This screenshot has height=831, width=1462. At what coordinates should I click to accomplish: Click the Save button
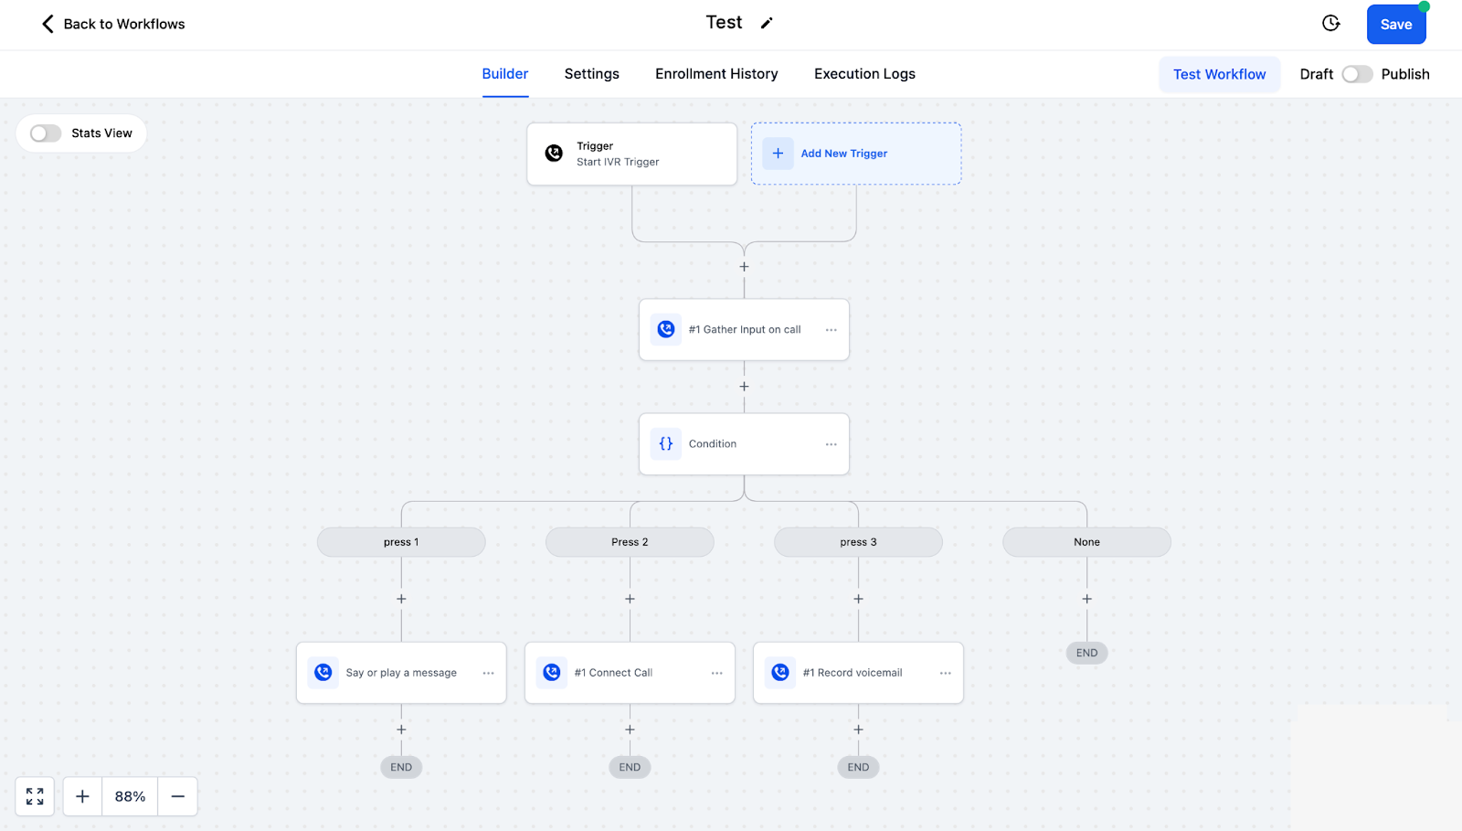pyautogui.click(x=1396, y=24)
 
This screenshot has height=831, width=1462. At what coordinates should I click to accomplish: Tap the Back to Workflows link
pyautogui.click(x=113, y=24)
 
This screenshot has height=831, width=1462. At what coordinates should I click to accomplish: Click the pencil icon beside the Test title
pyautogui.click(x=767, y=24)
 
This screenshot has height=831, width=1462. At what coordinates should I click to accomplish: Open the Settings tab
pyautogui.click(x=591, y=74)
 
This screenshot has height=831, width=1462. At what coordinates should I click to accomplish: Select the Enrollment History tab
pyautogui.click(x=716, y=74)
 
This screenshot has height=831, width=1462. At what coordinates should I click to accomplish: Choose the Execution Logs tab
pyautogui.click(x=864, y=74)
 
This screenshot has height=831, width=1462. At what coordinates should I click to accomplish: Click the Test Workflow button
pyautogui.click(x=1219, y=74)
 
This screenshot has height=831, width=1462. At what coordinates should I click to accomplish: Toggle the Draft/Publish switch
pyautogui.click(x=1357, y=74)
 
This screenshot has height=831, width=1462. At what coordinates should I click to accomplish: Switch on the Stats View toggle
pyautogui.click(x=46, y=133)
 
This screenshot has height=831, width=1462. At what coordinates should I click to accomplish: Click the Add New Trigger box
pyautogui.click(x=855, y=154)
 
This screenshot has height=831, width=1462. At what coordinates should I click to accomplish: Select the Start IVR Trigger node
pyautogui.click(x=631, y=154)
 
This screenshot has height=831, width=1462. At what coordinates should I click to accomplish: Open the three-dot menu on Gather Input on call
pyautogui.click(x=831, y=330)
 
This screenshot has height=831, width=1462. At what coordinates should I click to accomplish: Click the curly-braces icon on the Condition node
pyautogui.click(x=666, y=444)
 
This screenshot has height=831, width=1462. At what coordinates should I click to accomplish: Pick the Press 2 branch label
pyautogui.click(x=630, y=542)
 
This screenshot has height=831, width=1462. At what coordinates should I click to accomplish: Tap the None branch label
pyautogui.click(x=1086, y=542)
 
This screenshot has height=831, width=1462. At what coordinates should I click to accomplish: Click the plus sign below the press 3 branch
pyautogui.click(x=858, y=599)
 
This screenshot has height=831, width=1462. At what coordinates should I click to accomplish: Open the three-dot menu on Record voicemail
pyautogui.click(x=945, y=673)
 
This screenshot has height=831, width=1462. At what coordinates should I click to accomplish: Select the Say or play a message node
pyautogui.click(x=401, y=672)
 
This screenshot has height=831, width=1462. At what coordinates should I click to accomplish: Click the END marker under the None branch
pyautogui.click(x=1086, y=653)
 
